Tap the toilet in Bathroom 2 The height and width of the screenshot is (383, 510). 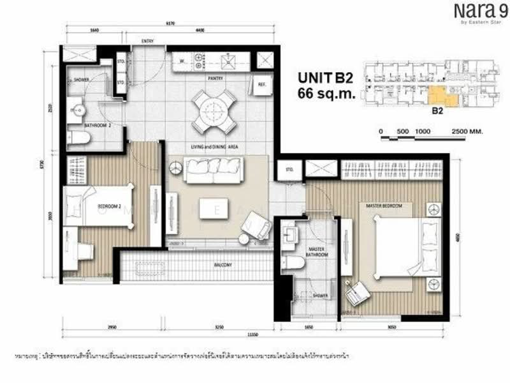80,138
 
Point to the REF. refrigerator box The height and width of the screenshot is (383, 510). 261,84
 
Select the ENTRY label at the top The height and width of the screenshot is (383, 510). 147,41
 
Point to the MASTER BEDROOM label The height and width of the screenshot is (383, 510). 384,206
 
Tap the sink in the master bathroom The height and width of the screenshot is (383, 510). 290,233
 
